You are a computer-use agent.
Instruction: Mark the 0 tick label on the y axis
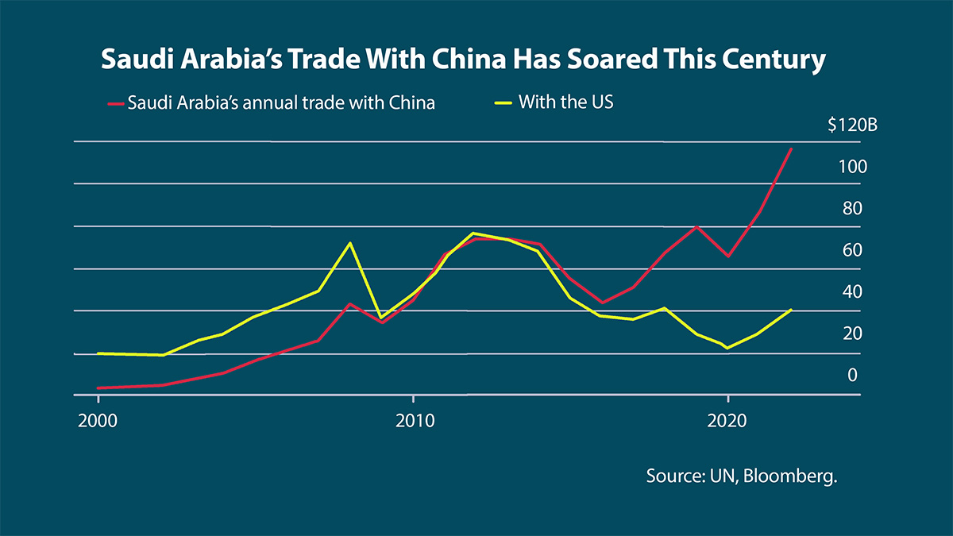[x=852, y=374]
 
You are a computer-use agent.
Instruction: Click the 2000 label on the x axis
[x=98, y=420]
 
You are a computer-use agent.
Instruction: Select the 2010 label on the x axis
[x=413, y=420]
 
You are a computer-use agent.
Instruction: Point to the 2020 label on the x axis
[x=727, y=420]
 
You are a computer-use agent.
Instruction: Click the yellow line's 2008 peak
[x=350, y=243]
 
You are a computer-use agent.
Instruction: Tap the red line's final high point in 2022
[x=791, y=148]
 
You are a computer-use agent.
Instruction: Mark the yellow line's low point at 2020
[x=727, y=348]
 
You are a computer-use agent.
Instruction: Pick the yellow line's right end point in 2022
[x=791, y=310]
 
